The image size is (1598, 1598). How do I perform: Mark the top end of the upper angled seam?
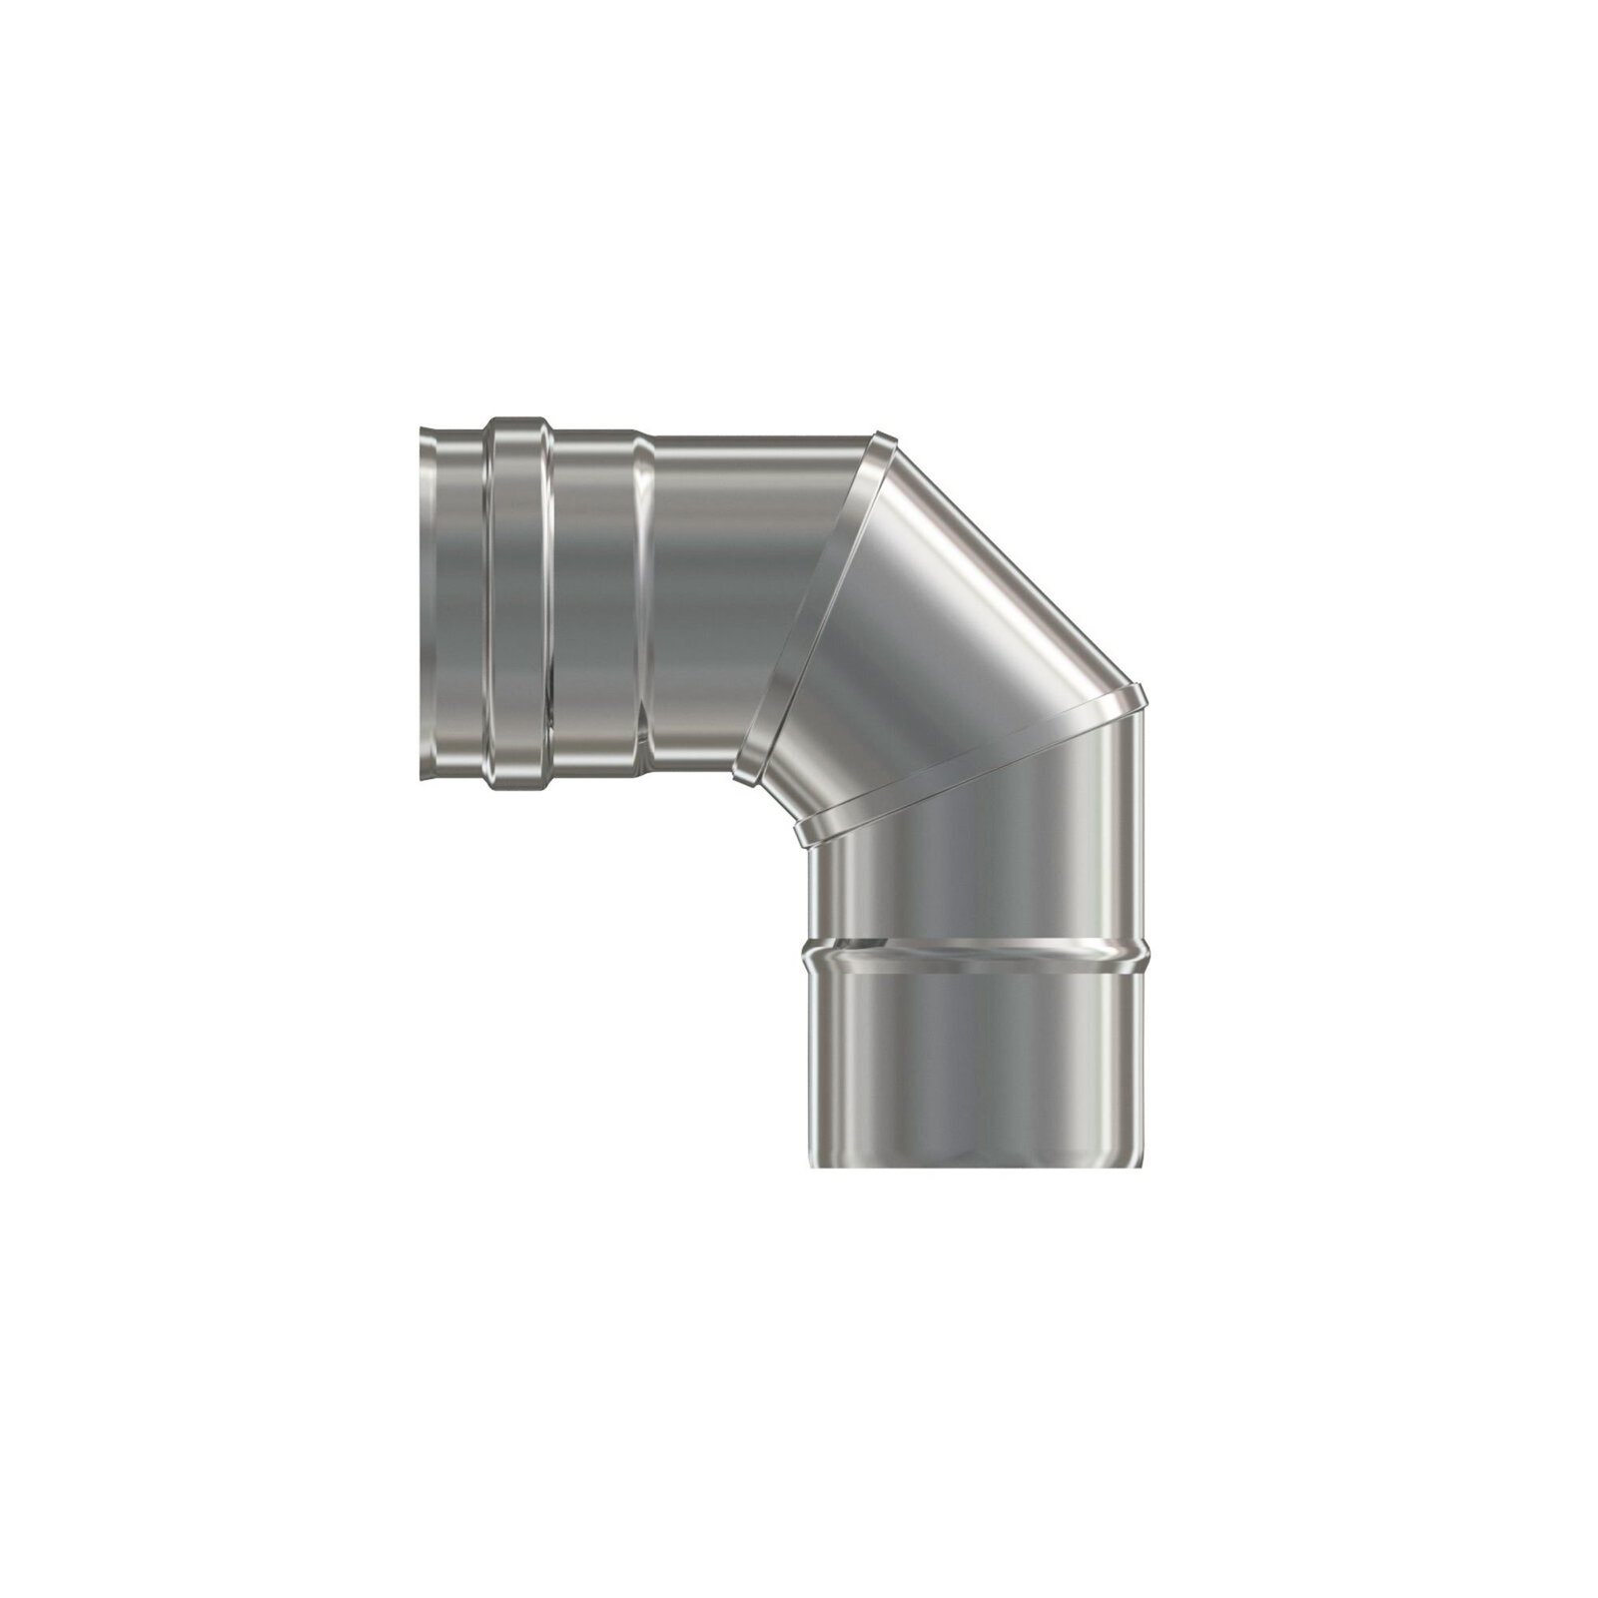tap(882, 437)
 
